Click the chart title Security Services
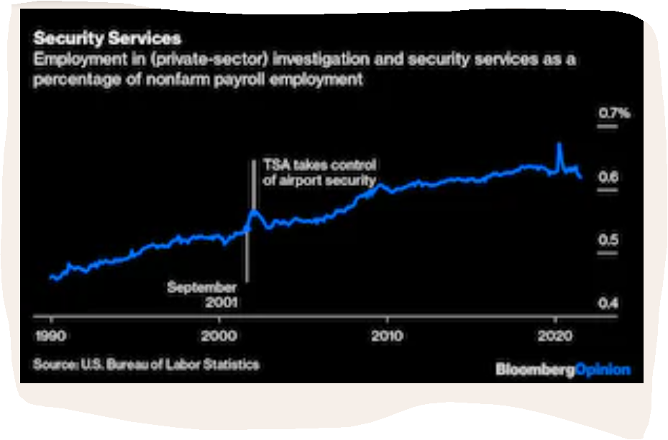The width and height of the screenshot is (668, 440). coord(107,38)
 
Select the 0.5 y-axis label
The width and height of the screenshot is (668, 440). coord(608,240)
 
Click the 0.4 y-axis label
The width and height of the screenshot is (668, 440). coord(608,303)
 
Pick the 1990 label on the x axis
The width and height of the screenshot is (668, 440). coord(50,336)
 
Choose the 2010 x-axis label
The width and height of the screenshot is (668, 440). coord(387,336)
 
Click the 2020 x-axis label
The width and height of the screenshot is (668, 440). coord(554,336)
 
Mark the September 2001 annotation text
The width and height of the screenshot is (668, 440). coord(202,295)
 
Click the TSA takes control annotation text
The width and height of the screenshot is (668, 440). coord(319,173)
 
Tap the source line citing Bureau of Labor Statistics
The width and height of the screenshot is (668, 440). coord(146,365)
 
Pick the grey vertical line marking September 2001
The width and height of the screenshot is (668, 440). coord(247,259)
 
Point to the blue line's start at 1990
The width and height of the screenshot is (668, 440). coord(51,277)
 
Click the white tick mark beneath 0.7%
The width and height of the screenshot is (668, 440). coord(608,127)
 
